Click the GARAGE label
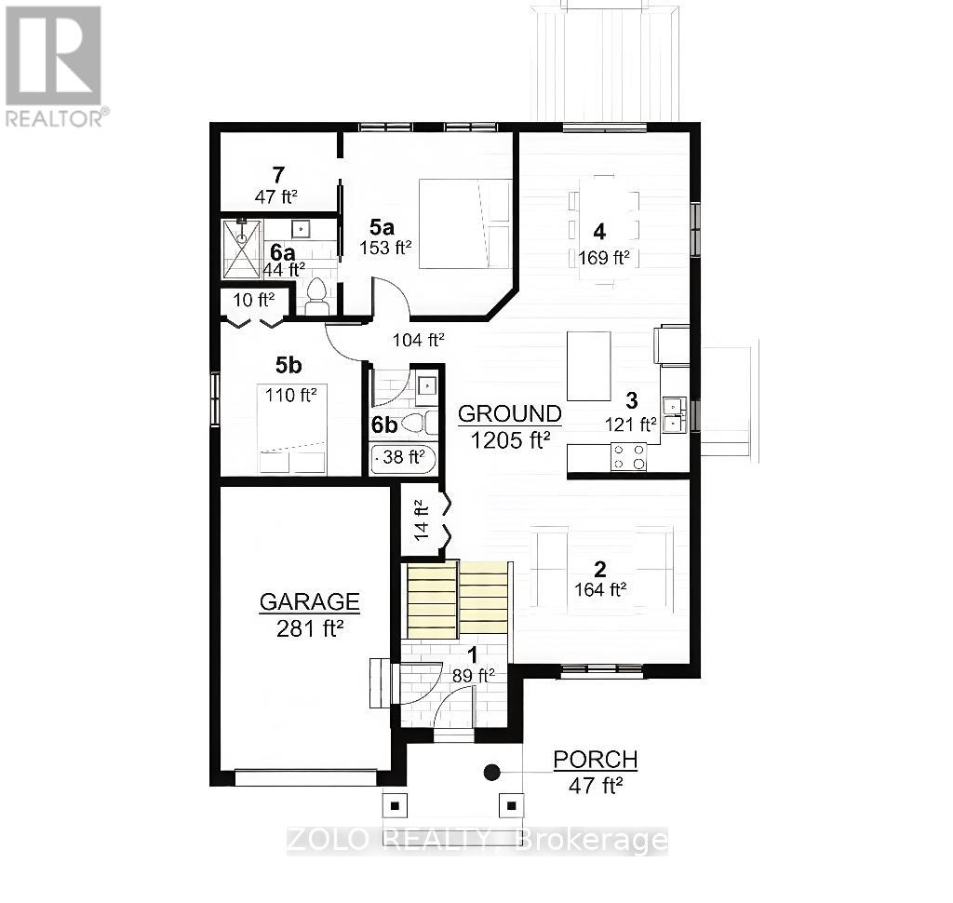point(309,601)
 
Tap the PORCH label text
point(596,760)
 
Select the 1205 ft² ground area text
point(509,439)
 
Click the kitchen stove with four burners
point(628,456)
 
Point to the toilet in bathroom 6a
point(317,296)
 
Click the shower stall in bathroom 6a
point(242,249)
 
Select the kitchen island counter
point(588,366)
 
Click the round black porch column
point(491,772)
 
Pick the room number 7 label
point(277,174)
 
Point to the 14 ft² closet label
point(420,520)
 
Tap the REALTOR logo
point(54,65)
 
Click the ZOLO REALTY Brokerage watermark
point(476,841)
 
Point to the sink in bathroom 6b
point(427,384)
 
